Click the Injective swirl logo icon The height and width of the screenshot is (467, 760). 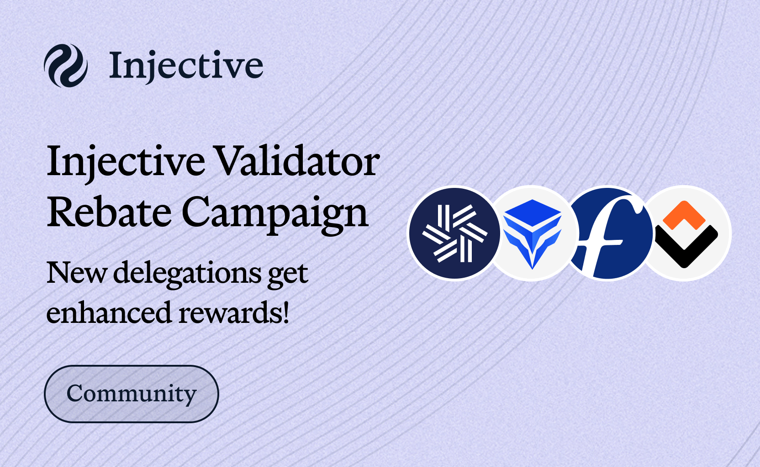[x=66, y=65]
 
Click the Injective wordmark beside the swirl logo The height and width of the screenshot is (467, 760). [x=186, y=67]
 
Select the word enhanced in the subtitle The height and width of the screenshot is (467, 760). [x=109, y=312]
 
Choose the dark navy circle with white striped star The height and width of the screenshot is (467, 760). [x=454, y=233]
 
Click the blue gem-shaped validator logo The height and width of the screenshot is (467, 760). [x=532, y=233]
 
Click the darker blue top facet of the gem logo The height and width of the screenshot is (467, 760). [x=533, y=213]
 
